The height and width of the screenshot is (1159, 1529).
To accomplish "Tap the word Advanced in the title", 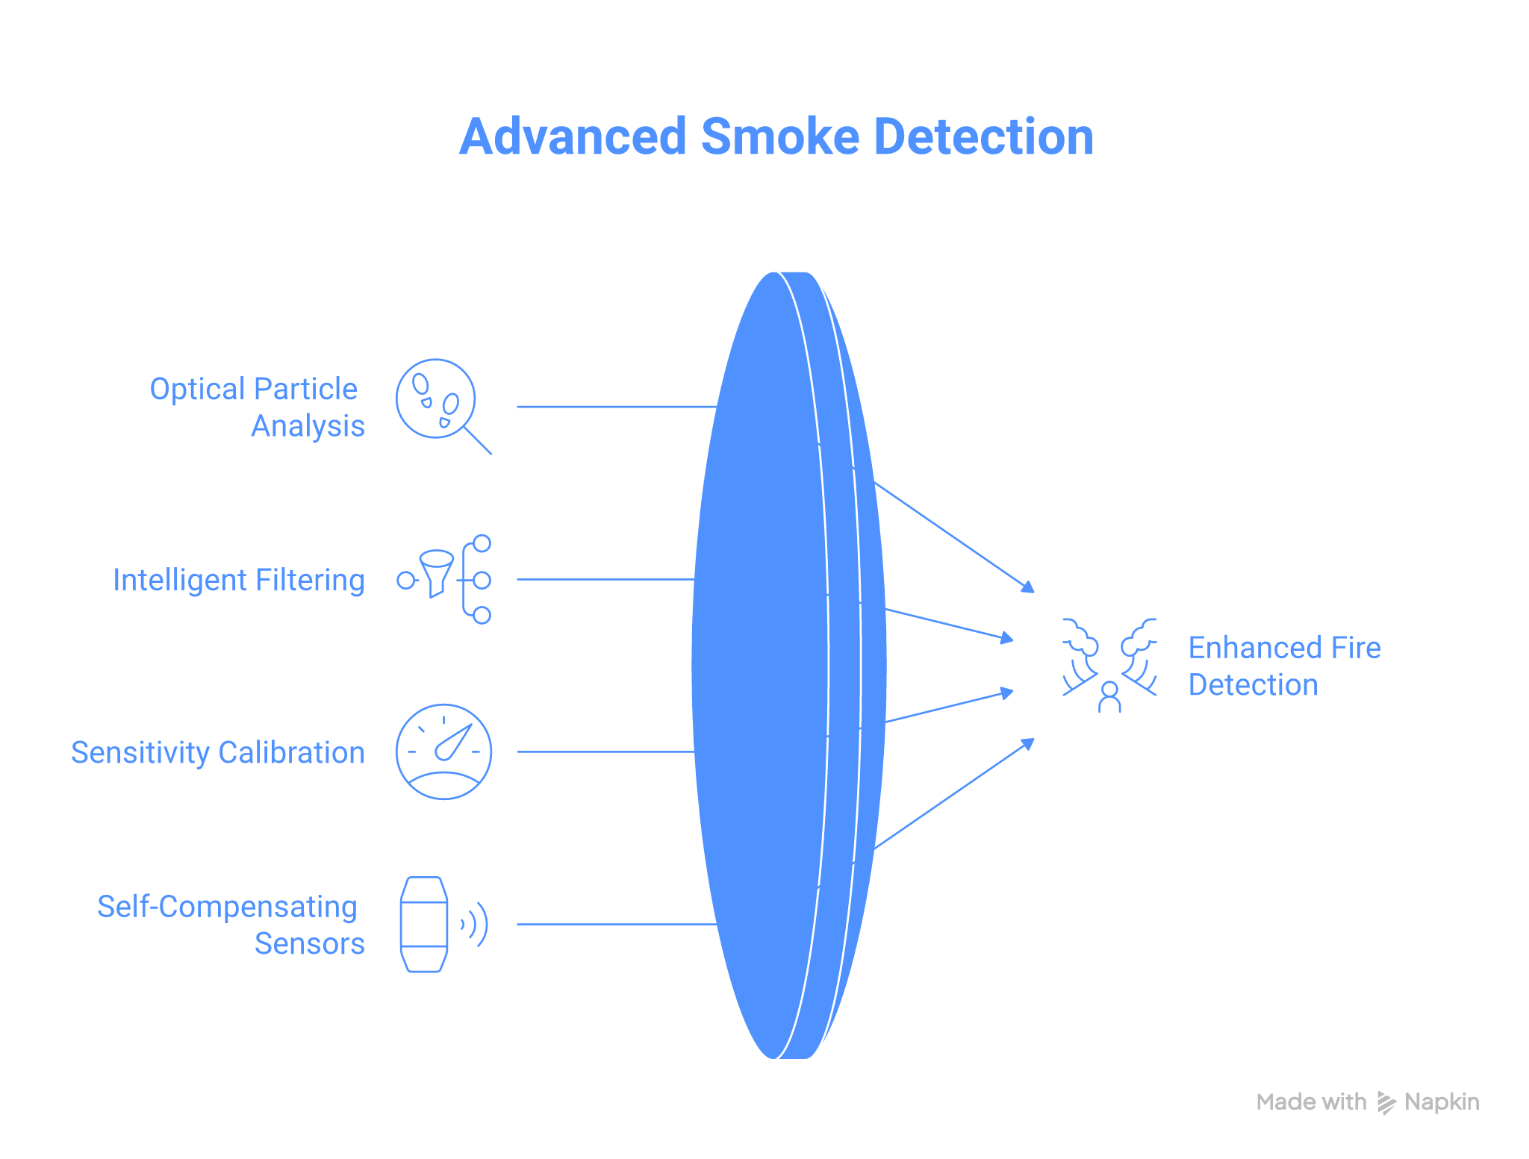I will pos(572,137).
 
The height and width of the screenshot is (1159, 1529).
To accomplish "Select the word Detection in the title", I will pos(983,137).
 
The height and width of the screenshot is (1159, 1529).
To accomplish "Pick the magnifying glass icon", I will pos(441,404).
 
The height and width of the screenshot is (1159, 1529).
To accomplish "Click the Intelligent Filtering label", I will pos(239,580).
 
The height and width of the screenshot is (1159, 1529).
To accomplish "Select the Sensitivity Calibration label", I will pos(218,752).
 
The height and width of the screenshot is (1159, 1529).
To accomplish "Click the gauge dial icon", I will pos(443,752).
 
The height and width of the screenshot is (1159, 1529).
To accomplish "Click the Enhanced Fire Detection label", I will pos(1284,666).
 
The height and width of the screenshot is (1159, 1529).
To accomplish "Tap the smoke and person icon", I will pos(1109,665).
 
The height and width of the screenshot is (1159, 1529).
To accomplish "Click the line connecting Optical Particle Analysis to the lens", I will pos(616,407).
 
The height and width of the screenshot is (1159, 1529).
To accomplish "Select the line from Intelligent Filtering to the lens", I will pos(605,579).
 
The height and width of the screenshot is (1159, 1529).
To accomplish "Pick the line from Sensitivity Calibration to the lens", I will pos(605,752).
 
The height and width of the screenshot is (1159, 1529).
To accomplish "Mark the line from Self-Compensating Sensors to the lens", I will pos(616,924).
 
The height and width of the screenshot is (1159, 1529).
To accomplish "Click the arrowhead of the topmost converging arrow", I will pos(1030,588).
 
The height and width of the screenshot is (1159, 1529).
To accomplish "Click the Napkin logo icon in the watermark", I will pos(1386,1102).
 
